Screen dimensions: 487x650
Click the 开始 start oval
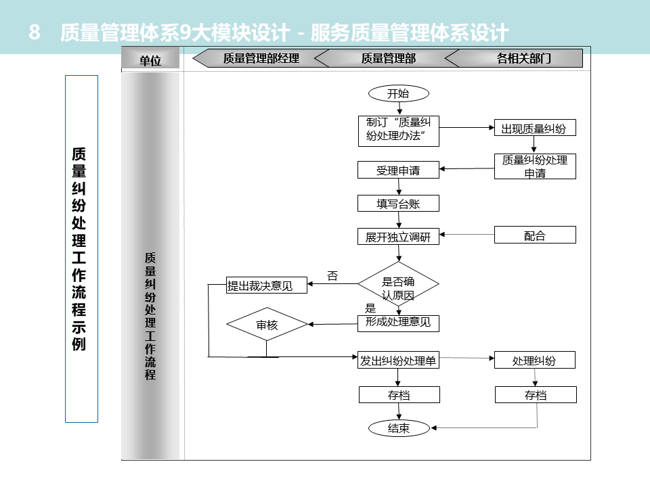398,93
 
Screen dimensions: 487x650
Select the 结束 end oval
398,427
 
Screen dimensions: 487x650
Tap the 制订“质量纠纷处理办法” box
398,131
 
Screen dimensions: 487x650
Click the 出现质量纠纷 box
534,128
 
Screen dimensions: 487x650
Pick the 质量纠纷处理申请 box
535,166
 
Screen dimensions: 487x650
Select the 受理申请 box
398,170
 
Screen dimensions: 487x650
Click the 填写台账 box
398,203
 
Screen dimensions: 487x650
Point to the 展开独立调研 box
398,237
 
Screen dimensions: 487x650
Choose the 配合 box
535,235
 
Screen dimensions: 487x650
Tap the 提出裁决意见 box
266,285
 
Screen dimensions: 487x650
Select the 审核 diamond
267,325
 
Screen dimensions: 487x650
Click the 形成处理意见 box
398,323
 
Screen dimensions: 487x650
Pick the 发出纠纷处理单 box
398,360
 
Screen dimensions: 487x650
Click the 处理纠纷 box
535,360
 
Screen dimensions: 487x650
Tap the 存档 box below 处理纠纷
536,395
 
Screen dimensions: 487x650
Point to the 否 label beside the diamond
332,276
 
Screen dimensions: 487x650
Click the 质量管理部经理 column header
261,58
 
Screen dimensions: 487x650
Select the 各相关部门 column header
523,58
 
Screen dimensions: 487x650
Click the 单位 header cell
150,60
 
